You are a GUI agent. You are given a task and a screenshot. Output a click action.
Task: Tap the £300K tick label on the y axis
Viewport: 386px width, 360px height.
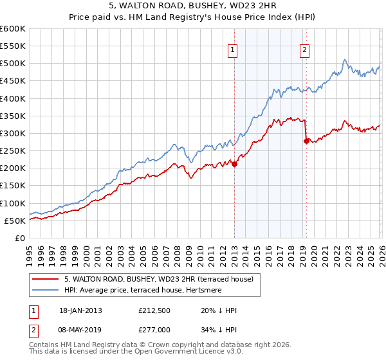[13, 133]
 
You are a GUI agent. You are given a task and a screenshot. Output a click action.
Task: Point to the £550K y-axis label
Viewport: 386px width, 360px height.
[13, 46]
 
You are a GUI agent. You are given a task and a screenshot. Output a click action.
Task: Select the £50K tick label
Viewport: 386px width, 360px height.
[15, 221]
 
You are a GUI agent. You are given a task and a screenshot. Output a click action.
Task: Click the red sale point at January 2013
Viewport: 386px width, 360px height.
[234, 164]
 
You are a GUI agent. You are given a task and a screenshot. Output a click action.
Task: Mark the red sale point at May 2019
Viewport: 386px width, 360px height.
[306, 141]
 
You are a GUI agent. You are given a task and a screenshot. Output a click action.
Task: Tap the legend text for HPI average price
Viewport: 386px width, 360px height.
[144, 291]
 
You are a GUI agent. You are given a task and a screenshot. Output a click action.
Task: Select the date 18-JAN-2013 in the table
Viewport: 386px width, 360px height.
[80, 310]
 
